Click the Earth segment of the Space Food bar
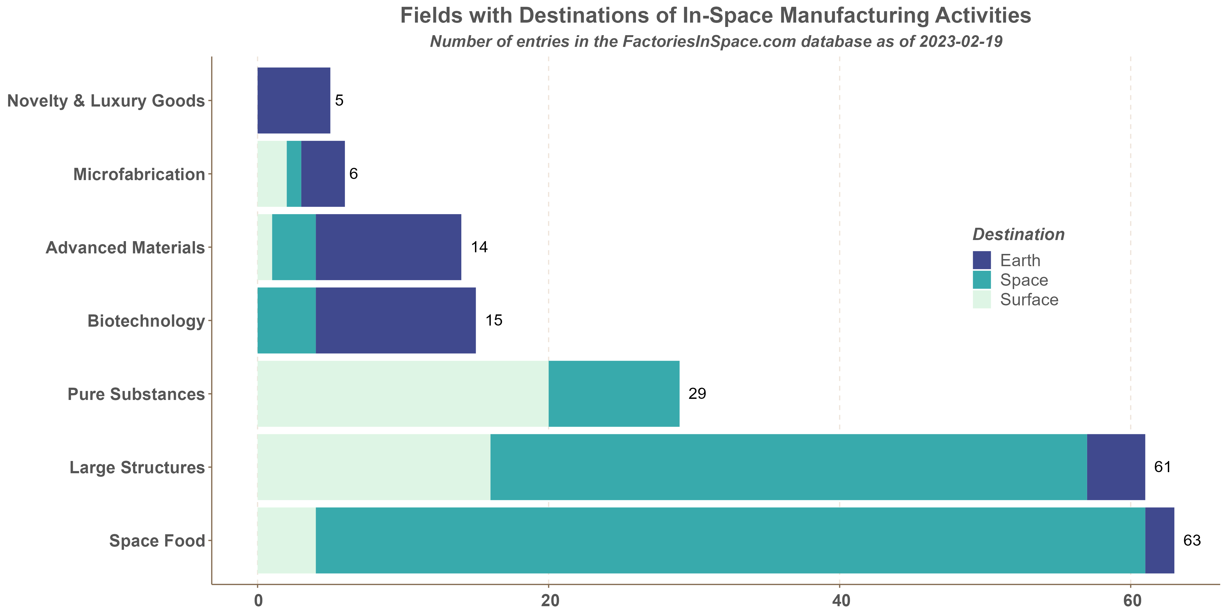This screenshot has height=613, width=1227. pyautogui.click(x=1159, y=540)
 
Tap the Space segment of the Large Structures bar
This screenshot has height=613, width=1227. pyautogui.click(x=788, y=467)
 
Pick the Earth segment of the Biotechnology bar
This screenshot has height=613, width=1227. pyautogui.click(x=395, y=320)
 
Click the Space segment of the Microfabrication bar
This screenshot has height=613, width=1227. pyautogui.click(x=294, y=174)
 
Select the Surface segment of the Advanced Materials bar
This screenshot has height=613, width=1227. pyautogui.click(x=265, y=247)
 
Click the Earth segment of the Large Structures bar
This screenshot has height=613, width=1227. pyautogui.click(x=1115, y=467)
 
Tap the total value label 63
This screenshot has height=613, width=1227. pyautogui.click(x=1192, y=541)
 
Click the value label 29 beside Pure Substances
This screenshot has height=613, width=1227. pyautogui.click(x=697, y=394)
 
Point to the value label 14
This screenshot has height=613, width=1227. pyautogui.click(x=479, y=247)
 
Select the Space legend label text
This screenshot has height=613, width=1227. pyautogui.click(x=1024, y=280)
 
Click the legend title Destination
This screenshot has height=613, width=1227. pyautogui.click(x=1018, y=235)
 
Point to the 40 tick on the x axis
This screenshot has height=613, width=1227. pyautogui.click(x=840, y=601)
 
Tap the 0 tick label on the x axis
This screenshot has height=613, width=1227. pyautogui.click(x=258, y=601)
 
